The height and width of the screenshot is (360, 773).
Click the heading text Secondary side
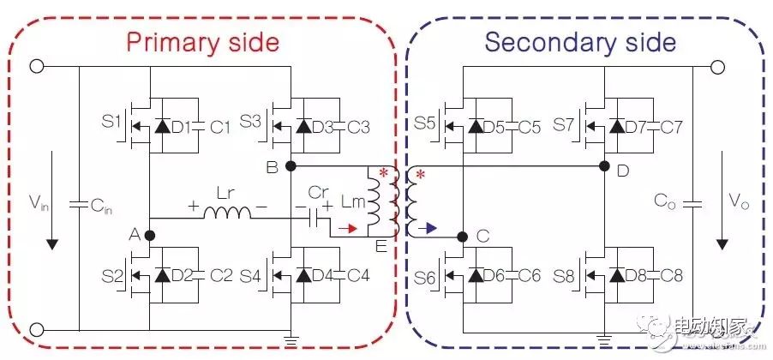[x=579, y=42]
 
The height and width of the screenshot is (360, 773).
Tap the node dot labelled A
[x=149, y=235]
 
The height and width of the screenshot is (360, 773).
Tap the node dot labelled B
[x=291, y=165]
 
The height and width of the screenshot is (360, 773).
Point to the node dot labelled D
[x=606, y=165]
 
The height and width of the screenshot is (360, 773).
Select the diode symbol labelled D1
[x=161, y=127]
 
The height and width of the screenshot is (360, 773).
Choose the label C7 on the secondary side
[x=671, y=127]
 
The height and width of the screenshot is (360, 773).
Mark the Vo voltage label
[x=734, y=202]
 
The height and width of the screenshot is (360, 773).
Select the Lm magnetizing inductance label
[x=351, y=203]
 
